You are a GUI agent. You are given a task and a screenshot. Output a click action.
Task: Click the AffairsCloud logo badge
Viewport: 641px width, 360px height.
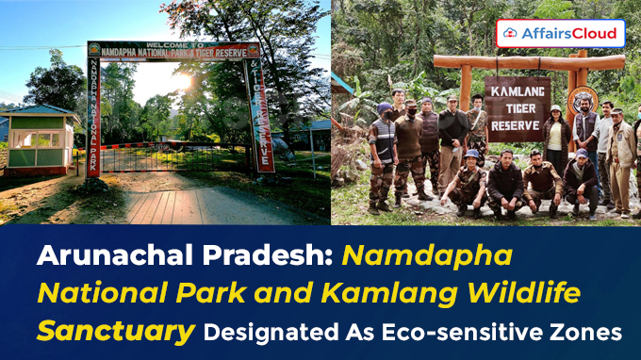[x=560, y=33]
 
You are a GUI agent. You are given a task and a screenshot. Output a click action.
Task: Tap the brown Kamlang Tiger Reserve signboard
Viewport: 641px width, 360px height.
[x=517, y=102]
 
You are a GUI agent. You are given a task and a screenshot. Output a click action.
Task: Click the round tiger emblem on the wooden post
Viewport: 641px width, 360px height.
[x=581, y=100]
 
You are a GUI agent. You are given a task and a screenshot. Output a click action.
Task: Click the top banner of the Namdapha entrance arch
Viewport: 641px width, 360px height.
[x=173, y=50]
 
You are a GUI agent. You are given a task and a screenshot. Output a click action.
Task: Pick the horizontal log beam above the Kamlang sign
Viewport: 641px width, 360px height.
[x=529, y=63]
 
